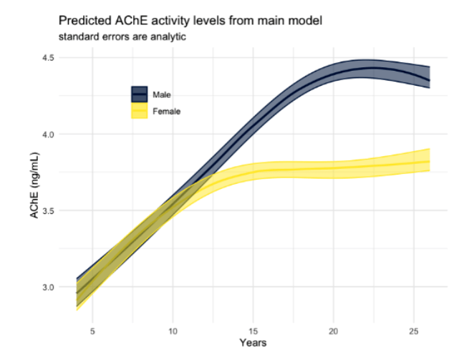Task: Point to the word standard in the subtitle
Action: (77, 37)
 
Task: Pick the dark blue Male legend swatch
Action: (139, 94)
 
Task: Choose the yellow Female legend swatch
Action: (139, 112)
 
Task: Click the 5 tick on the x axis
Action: (92, 331)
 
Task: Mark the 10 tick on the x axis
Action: (173, 331)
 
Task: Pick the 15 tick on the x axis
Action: (253, 331)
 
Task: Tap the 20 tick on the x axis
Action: (332, 331)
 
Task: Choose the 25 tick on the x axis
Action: (412, 331)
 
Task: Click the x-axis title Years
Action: (253, 344)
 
